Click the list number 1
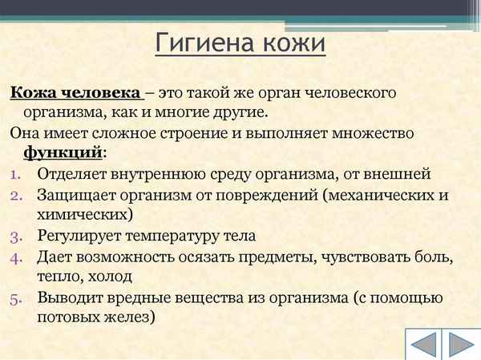(x=18, y=173)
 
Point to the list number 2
(x=18, y=195)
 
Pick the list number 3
(x=18, y=237)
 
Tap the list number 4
(x=18, y=257)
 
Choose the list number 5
(x=18, y=298)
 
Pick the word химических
(x=84, y=215)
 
